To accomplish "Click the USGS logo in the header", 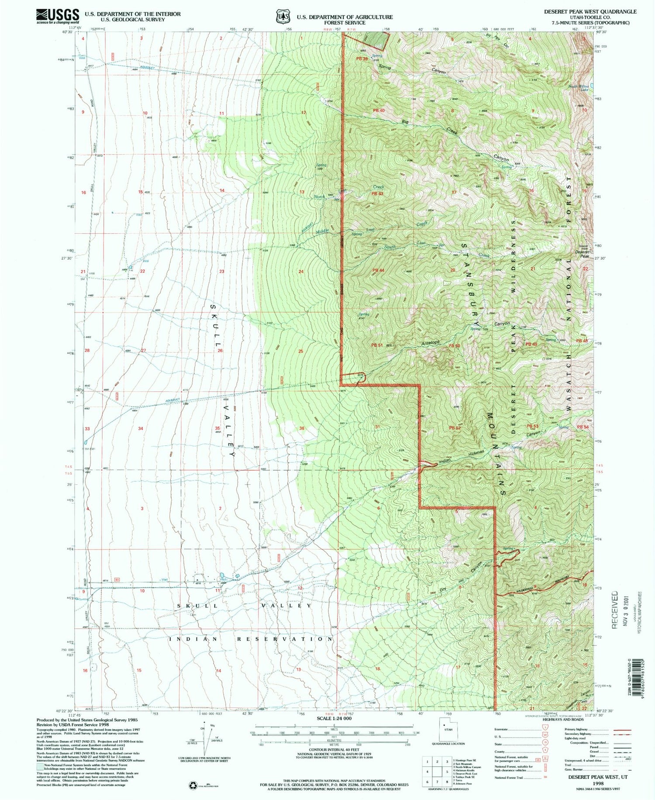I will point(58,16).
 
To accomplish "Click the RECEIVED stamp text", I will point(615,610).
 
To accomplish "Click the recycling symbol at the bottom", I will point(193,786).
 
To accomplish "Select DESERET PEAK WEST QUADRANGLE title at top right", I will point(590,11).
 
